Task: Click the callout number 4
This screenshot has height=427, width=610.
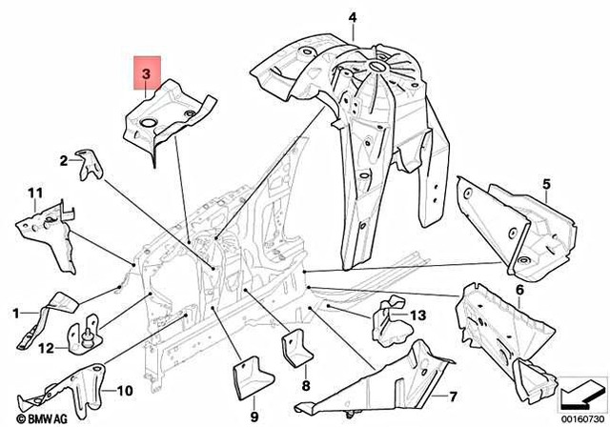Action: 352,17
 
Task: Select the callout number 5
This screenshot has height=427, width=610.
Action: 546,183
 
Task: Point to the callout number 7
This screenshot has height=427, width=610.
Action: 453,395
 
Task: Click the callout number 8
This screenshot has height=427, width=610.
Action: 305,386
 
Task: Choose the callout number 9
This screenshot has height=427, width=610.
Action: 255,416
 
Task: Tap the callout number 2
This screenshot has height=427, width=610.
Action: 65,161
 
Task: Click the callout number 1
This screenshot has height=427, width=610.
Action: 15,313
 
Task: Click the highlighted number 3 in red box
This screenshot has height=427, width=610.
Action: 146,73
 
